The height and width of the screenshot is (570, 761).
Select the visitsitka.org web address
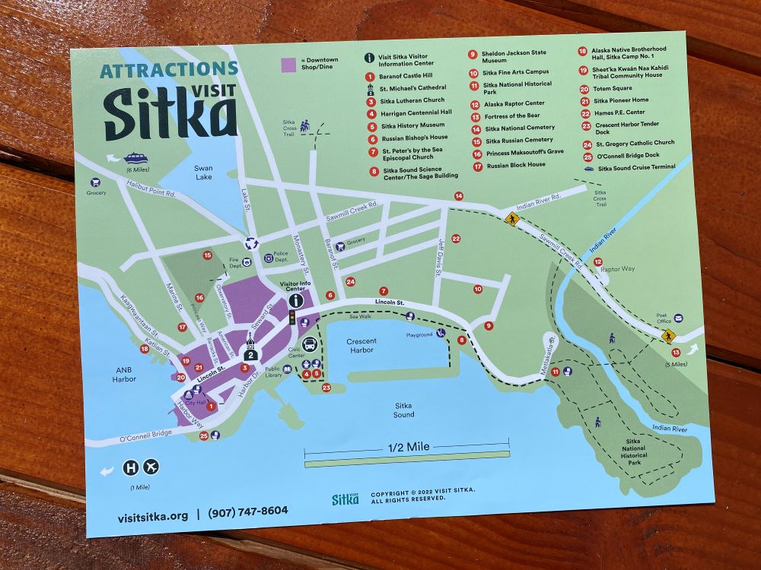(153, 516)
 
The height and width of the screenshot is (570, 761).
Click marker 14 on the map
(459, 196)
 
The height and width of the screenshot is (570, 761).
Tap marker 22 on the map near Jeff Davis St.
(456, 239)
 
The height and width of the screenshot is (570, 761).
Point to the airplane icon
(151, 467)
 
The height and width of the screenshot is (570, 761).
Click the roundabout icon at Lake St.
(250, 243)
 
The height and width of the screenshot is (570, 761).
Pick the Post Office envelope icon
(677, 318)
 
